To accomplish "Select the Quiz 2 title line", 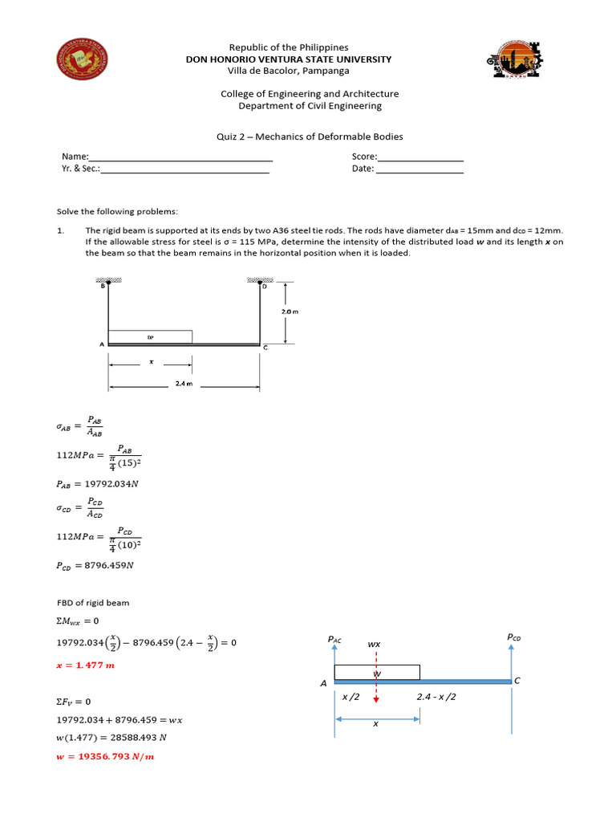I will tap(310, 136).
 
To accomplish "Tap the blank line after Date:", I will tap(419, 170).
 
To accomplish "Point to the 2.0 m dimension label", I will tap(290, 311).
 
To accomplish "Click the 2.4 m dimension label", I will tap(184, 385).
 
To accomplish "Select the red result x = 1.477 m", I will tap(86, 665).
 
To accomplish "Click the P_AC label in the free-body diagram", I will tap(335, 639).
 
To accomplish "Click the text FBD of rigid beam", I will tap(92, 602).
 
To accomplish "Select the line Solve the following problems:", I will tap(117, 212).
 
